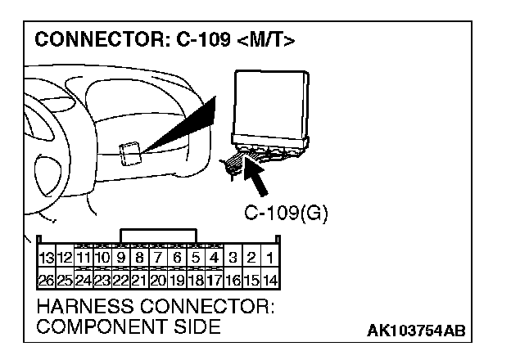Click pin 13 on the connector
click(47, 258)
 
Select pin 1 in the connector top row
click(270, 258)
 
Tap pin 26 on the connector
click(47, 280)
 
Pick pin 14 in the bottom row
click(270, 280)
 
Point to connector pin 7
click(158, 258)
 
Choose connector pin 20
click(158, 280)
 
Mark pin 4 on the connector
click(214, 258)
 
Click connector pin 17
click(214, 280)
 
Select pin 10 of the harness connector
click(102, 258)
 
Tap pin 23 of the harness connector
click(102, 280)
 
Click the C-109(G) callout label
click(286, 214)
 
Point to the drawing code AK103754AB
click(416, 331)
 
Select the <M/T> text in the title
click(266, 40)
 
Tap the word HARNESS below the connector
click(85, 306)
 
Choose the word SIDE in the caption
click(197, 326)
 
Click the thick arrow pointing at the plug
click(255, 176)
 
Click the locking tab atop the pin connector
click(158, 236)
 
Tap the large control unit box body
click(271, 103)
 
